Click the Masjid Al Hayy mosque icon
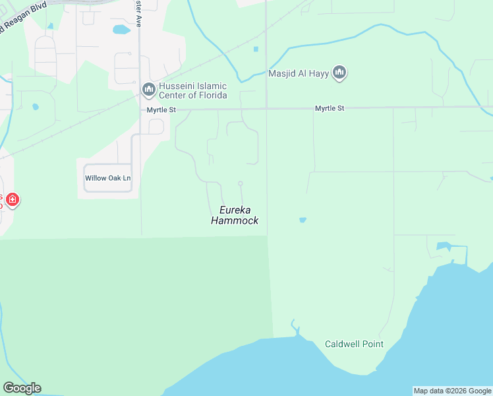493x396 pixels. click(339, 73)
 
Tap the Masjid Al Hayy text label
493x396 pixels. click(299, 73)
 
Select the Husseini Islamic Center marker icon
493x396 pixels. click(148, 89)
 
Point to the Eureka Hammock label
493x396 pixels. click(235, 216)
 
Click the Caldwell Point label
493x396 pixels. click(354, 344)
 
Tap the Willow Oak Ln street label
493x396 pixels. click(108, 178)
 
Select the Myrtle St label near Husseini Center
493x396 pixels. click(161, 110)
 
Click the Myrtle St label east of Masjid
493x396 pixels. click(330, 108)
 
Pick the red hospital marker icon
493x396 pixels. click(12, 199)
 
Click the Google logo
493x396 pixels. click(22, 388)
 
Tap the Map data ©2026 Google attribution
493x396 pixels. click(452, 391)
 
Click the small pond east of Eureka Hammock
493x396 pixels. click(303, 220)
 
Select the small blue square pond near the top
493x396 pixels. click(256, 49)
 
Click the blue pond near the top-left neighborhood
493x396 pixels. click(121, 30)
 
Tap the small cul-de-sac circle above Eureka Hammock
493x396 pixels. click(241, 183)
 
